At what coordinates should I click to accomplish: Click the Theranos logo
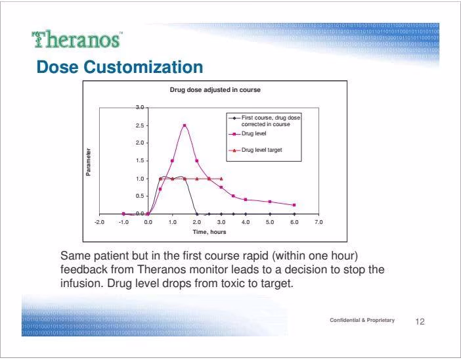pos(77,39)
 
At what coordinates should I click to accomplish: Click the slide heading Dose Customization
pos(120,67)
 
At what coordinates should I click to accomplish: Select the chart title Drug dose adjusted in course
pos(215,90)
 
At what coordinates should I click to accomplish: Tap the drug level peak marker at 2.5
pos(185,125)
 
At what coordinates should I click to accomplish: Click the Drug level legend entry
pos(248,133)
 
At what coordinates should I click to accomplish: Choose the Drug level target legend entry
pos(255,150)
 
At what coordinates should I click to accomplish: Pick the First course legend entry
pos(265,121)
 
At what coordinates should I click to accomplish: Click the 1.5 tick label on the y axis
pos(140,160)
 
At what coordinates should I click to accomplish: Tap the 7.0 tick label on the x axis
pos(318,222)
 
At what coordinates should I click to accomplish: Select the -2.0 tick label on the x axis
pos(99,222)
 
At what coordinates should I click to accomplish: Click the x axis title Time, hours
pos(209,232)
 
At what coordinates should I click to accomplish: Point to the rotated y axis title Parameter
pos(88,162)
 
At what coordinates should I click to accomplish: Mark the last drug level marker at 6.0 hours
pos(294,205)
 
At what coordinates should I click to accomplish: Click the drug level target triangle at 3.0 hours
pos(221,179)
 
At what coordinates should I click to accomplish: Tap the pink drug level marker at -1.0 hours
pos(123,214)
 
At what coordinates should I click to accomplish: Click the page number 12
pos(420,321)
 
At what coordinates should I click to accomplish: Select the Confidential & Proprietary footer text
pos(362,320)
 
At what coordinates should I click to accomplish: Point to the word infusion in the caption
pos(81,283)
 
